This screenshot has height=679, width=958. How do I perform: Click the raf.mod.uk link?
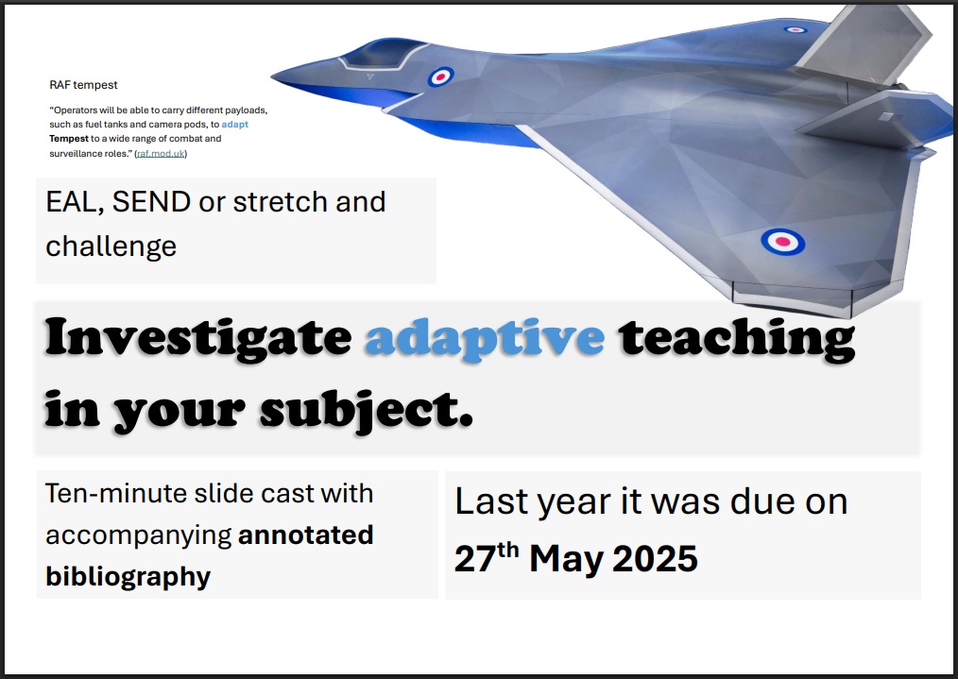(x=161, y=153)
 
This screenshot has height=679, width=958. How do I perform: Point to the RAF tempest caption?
(x=84, y=85)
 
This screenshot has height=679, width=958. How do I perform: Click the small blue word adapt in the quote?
(x=235, y=125)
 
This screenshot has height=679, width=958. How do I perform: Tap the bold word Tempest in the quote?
(x=69, y=139)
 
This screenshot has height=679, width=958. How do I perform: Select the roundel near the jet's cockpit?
(x=440, y=76)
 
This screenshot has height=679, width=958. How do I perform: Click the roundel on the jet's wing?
(x=782, y=242)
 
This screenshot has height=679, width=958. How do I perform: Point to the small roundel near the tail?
(x=795, y=29)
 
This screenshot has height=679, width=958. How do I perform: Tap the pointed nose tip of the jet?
(x=272, y=76)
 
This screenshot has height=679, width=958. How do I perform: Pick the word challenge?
(x=111, y=246)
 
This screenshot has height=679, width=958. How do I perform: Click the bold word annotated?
(x=305, y=535)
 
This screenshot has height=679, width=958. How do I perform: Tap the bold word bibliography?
(x=128, y=577)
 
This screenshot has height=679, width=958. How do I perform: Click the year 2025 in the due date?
(x=655, y=559)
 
